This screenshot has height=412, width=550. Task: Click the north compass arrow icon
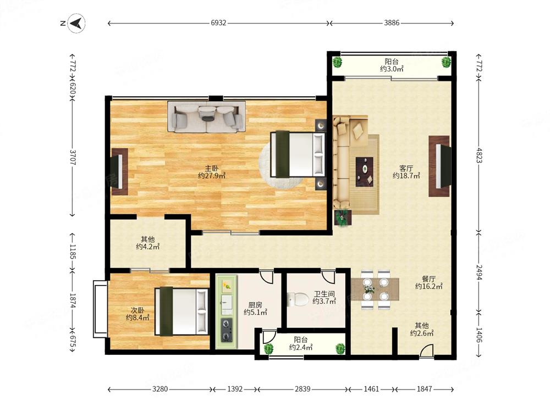pos(76,24)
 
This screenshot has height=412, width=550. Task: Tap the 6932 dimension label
pos(218,23)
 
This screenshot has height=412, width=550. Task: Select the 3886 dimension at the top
pos(392,23)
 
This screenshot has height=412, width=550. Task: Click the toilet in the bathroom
pos(298,299)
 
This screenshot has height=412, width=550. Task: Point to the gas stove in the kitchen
pos(226,330)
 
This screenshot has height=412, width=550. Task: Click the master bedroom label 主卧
pos(212,169)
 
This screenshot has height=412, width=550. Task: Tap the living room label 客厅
pos(406,169)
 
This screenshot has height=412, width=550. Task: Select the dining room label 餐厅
pos(428,279)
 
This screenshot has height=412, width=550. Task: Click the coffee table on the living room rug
pos(365,171)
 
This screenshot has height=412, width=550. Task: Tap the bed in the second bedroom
pos(182,311)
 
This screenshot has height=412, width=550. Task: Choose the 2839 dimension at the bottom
pos(302,389)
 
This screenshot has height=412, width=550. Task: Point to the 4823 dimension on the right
pos(479,155)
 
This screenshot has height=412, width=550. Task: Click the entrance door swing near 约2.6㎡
pos(427,350)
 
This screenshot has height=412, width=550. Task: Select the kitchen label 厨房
pos(255,305)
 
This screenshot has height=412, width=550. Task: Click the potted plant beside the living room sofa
pos(342,218)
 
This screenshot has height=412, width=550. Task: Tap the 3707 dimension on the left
pos(73,157)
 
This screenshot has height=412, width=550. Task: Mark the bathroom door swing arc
pos(329,277)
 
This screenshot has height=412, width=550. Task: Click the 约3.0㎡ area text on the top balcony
pos(392,69)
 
